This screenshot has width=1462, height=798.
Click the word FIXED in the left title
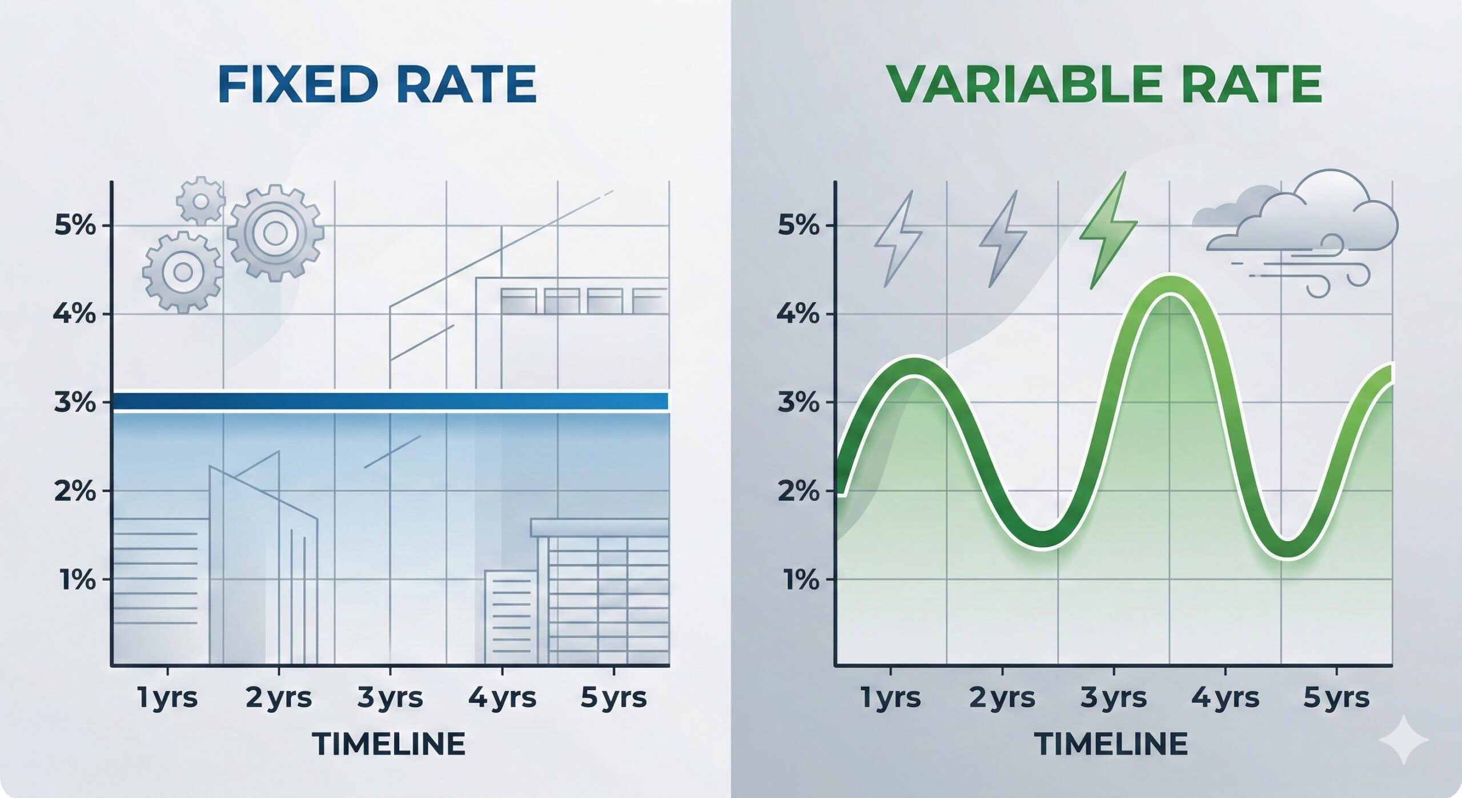(x=297, y=85)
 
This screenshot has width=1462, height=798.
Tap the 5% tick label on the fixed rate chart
(x=74, y=225)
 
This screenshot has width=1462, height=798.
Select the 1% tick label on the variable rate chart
(x=798, y=580)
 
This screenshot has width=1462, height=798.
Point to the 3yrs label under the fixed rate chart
(x=390, y=698)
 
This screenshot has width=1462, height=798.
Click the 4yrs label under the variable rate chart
(x=1225, y=698)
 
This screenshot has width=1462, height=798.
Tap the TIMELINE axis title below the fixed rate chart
(x=389, y=744)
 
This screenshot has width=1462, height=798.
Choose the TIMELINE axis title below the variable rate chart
(x=1111, y=744)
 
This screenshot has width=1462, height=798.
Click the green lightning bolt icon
(x=1108, y=232)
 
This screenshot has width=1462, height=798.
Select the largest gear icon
(x=275, y=233)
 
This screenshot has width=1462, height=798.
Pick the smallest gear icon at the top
(x=200, y=201)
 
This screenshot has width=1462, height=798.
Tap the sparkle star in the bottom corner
(x=1403, y=741)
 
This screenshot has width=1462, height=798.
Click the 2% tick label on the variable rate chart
(x=798, y=491)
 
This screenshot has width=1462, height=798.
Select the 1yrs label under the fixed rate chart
(x=167, y=698)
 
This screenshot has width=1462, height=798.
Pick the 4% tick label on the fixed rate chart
(x=74, y=314)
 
